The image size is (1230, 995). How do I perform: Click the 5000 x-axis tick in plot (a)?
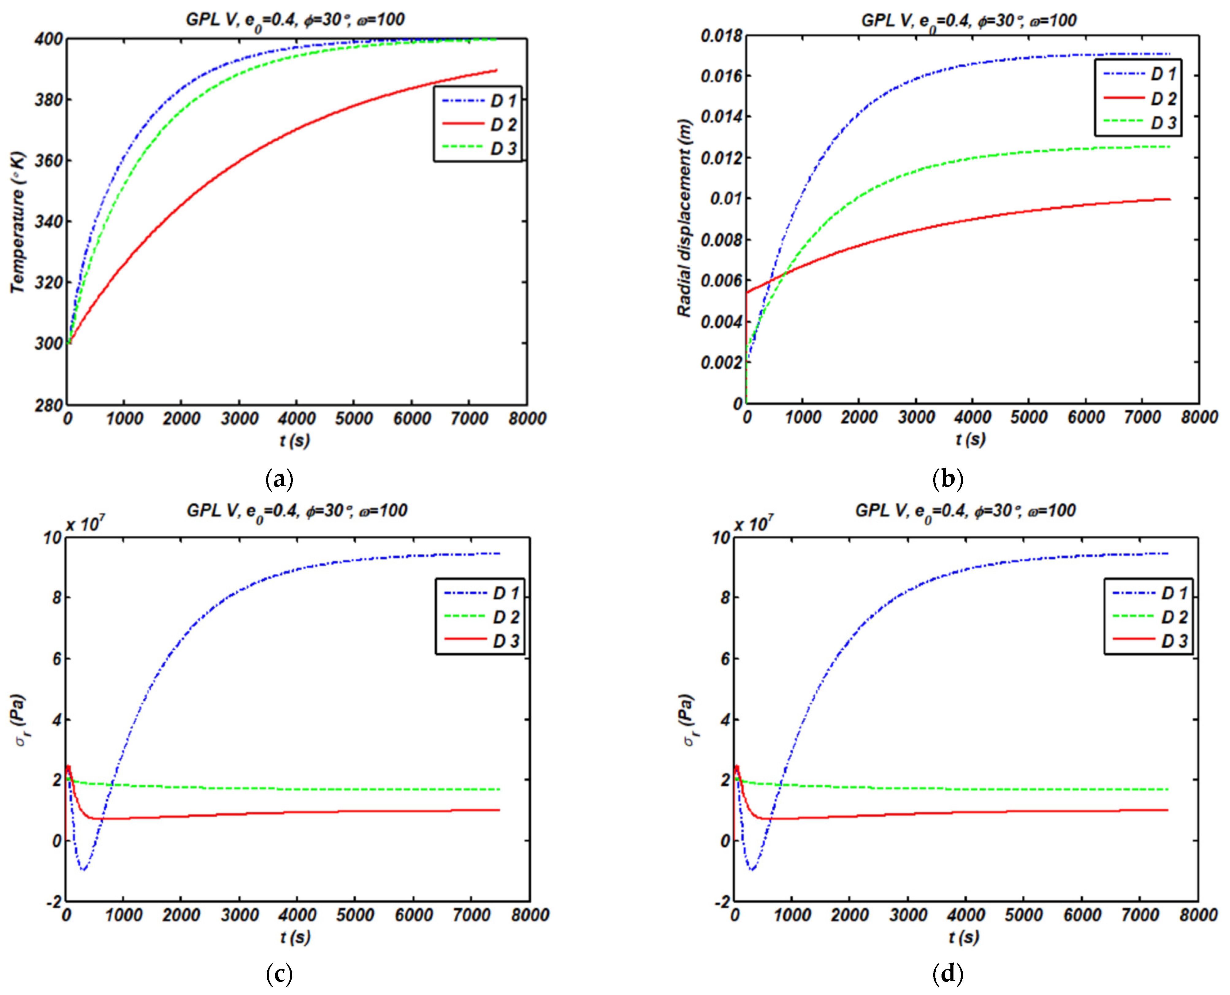click(354, 419)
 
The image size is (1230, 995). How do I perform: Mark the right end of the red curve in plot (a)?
click(497, 70)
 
